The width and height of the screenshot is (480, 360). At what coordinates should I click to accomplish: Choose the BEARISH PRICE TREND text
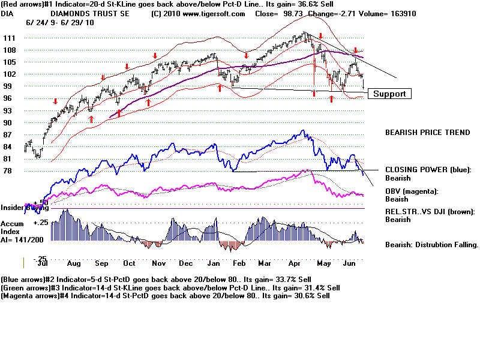427,133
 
